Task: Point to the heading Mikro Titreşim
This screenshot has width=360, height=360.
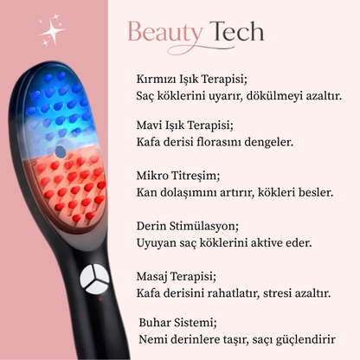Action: (x=173, y=176)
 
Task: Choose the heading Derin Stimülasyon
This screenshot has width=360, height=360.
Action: (x=187, y=225)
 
